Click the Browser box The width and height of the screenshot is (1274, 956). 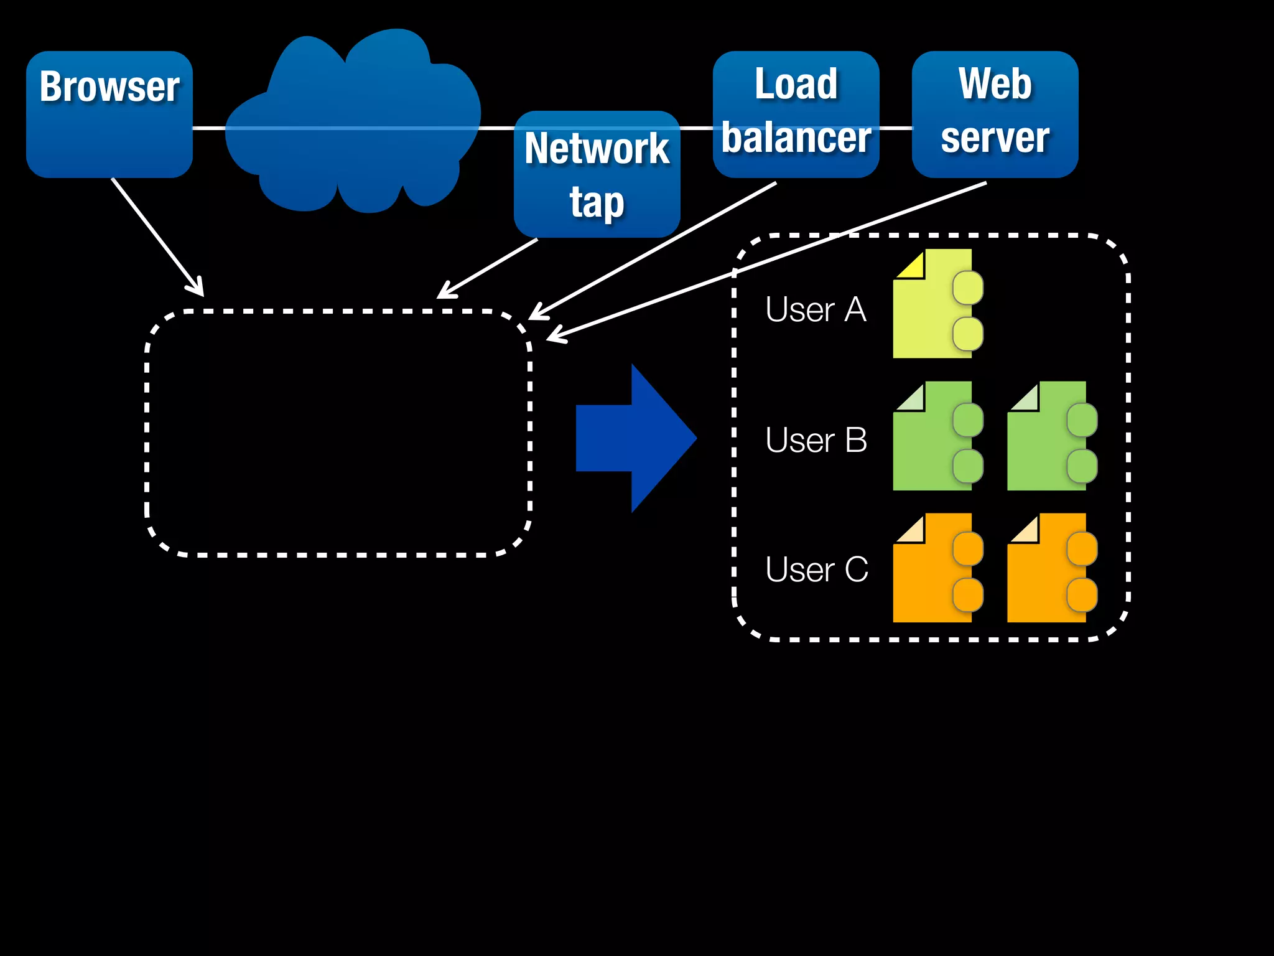(109, 115)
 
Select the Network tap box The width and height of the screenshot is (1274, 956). (597, 175)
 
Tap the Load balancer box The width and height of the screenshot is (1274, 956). (796, 114)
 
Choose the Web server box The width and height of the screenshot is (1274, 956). (995, 114)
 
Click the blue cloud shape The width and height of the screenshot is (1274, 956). (348, 124)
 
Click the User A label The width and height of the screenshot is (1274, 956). (816, 309)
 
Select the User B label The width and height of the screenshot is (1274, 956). (816, 440)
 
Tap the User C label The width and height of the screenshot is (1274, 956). (816, 569)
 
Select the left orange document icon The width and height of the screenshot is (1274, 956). (933, 568)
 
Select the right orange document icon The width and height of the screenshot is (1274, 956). (1048, 568)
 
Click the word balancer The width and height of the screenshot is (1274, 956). (796, 138)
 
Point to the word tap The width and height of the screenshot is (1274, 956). (597, 202)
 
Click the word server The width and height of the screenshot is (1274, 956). (995, 138)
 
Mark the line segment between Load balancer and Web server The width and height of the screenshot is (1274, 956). (896, 128)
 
